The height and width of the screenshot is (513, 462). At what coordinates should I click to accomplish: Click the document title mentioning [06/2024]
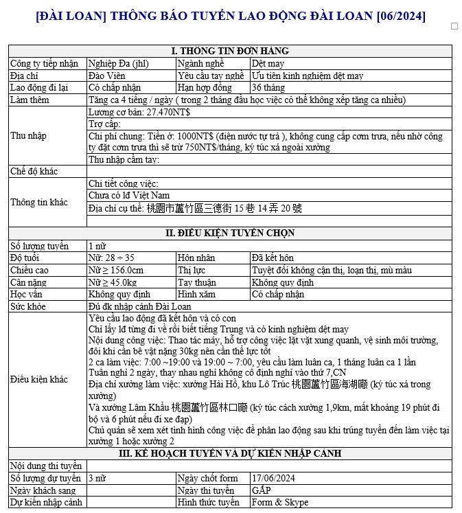[230, 16]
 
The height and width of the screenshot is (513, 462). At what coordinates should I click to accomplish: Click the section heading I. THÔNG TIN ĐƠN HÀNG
[230, 51]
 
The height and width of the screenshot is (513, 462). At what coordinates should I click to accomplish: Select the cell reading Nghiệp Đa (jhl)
[114, 63]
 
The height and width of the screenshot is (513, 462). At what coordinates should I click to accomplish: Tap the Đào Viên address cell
[107, 76]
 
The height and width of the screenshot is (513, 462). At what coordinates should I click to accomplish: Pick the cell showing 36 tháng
[266, 88]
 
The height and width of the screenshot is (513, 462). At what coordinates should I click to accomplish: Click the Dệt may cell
[265, 63]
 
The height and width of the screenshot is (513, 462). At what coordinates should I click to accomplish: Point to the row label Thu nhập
[29, 135]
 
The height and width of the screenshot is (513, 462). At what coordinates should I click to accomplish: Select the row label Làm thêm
[28, 100]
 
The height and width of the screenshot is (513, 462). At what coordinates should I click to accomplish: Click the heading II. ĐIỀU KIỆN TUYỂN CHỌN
[230, 233]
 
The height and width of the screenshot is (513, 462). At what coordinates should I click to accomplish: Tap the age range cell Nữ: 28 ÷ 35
[112, 258]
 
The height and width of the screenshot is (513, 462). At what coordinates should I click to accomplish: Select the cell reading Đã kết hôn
[273, 258]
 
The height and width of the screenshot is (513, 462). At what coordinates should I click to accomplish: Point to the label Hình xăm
[197, 294]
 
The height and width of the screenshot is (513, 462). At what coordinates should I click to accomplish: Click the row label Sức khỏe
[27, 306]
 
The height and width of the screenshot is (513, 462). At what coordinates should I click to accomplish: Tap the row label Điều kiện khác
[39, 379]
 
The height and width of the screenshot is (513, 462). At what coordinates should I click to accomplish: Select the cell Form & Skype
[280, 503]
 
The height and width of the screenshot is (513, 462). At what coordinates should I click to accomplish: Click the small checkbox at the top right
[454, 26]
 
